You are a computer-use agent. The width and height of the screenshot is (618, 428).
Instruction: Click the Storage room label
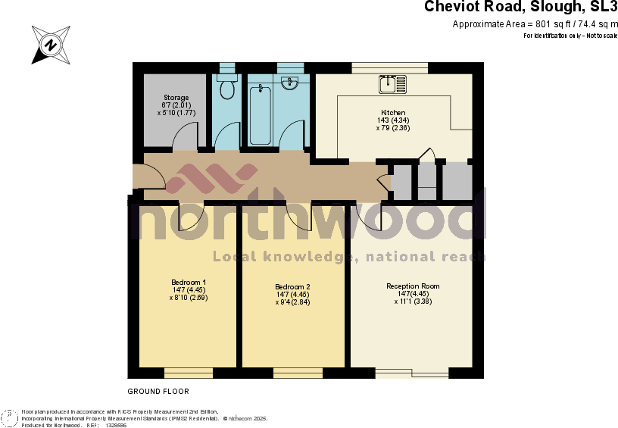[x=176, y=98]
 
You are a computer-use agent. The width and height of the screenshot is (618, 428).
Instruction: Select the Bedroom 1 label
[x=188, y=283]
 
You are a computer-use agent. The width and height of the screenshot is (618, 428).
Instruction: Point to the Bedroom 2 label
[x=292, y=286]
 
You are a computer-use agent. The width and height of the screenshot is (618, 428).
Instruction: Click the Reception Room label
[x=413, y=286]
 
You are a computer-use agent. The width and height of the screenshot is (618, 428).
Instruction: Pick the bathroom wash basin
[x=290, y=83]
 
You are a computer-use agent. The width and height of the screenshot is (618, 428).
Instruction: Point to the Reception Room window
[x=413, y=372]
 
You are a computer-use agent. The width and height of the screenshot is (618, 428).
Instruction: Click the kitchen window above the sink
[x=389, y=68]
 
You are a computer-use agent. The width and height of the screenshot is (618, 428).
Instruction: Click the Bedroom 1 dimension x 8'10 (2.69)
[x=188, y=298]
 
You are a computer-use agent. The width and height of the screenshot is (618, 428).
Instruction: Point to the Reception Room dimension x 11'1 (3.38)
[x=413, y=301]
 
